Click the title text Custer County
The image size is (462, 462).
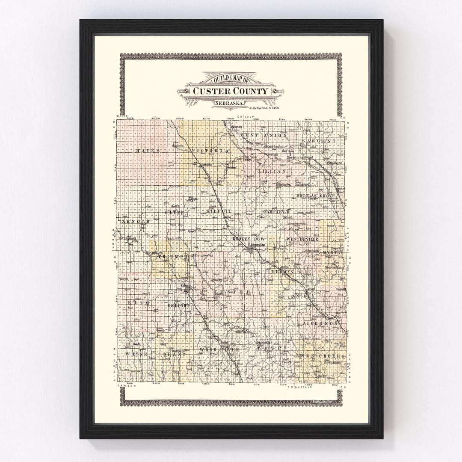point(231,91)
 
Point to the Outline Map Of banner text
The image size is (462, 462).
point(231,80)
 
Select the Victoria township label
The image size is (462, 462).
point(210,151)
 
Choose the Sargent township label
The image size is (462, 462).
point(319,141)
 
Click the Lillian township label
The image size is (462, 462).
point(271,171)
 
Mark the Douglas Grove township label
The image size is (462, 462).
point(318,195)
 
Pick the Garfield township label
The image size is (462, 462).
point(276,212)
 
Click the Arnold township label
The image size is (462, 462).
point(136,222)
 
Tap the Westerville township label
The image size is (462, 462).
point(302,239)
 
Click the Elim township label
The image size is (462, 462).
point(140,303)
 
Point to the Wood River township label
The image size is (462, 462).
point(219,350)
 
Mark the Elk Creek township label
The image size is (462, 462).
point(320,356)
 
